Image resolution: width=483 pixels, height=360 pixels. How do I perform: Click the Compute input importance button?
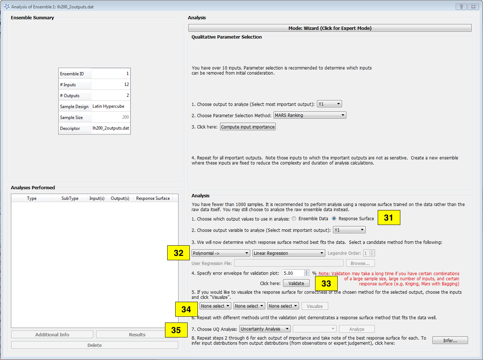point(248,127)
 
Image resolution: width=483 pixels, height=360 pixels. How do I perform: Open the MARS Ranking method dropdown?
point(310,115)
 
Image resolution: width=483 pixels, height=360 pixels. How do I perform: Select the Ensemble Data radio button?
point(294,219)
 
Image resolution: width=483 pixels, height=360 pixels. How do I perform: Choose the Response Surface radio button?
point(334,219)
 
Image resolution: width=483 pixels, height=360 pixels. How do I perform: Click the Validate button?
point(296,284)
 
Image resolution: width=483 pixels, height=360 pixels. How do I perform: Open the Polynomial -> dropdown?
point(221,253)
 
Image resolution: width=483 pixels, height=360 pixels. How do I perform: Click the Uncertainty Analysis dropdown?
point(265,329)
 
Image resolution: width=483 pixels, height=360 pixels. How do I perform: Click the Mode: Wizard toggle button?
point(330,28)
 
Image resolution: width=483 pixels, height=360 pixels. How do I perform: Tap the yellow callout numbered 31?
point(389,218)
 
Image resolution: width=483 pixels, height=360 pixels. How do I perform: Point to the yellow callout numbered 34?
point(186,309)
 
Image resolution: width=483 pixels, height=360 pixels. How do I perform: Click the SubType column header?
point(70,198)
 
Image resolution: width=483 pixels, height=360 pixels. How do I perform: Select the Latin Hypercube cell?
point(110,106)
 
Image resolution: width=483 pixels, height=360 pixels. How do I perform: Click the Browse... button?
point(360,264)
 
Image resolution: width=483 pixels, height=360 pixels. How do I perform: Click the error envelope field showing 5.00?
point(293,273)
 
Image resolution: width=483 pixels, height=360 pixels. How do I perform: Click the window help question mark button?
point(461,7)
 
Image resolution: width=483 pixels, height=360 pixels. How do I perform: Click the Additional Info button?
point(52,335)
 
